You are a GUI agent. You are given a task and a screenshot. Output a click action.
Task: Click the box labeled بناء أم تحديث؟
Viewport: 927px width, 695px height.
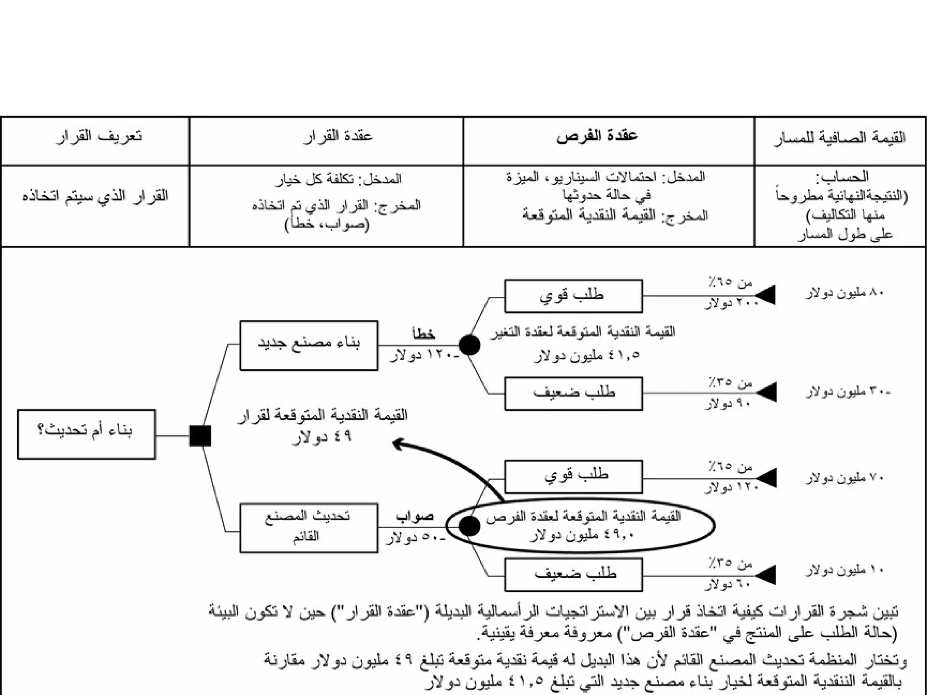(x=86, y=434)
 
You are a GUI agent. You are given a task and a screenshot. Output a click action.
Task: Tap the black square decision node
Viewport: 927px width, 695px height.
(x=200, y=436)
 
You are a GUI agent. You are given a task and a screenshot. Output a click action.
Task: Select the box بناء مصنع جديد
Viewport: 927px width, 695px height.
(x=309, y=346)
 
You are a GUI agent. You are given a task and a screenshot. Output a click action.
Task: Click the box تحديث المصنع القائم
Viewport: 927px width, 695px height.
(x=309, y=528)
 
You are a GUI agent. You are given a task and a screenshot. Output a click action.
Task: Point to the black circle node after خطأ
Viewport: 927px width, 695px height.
(x=469, y=345)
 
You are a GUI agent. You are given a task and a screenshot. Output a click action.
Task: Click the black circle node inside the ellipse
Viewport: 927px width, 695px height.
(x=469, y=526)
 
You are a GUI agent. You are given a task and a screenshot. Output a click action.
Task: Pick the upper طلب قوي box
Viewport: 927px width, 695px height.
(x=573, y=296)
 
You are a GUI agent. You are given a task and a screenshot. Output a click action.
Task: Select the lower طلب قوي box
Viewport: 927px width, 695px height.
(x=573, y=476)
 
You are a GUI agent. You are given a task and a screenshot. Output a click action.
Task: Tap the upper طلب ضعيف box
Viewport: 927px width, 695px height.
(x=573, y=394)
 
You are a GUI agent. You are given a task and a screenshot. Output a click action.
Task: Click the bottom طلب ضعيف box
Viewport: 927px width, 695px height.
(x=573, y=575)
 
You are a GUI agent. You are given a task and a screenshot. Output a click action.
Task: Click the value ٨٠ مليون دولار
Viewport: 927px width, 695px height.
(x=844, y=293)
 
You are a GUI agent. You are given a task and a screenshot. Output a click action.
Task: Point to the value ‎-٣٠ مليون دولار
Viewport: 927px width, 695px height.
(x=847, y=392)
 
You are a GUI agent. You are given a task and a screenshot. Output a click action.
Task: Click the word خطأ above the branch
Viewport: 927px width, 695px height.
(x=424, y=334)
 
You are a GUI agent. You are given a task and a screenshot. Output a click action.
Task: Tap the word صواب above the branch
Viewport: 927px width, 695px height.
(x=415, y=516)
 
